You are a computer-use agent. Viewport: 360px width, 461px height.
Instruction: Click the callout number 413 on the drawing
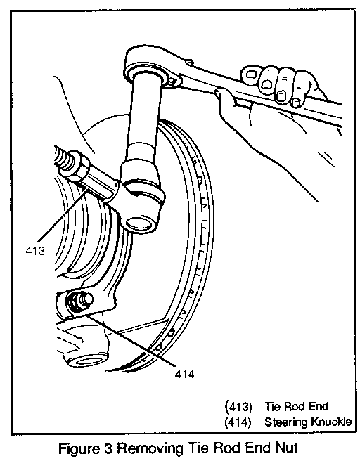click(35, 251)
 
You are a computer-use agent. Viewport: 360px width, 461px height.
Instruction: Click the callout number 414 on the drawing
click(184, 375)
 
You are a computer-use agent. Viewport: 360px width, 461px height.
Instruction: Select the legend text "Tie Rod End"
click(297, 406)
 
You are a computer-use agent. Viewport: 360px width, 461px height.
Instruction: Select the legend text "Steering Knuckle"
click(308, 422)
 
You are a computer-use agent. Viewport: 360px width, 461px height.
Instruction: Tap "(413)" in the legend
click(238, 407)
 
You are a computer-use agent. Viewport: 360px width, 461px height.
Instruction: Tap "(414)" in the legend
click(238, 422)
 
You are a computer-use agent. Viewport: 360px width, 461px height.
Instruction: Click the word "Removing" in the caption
click(150, 448)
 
